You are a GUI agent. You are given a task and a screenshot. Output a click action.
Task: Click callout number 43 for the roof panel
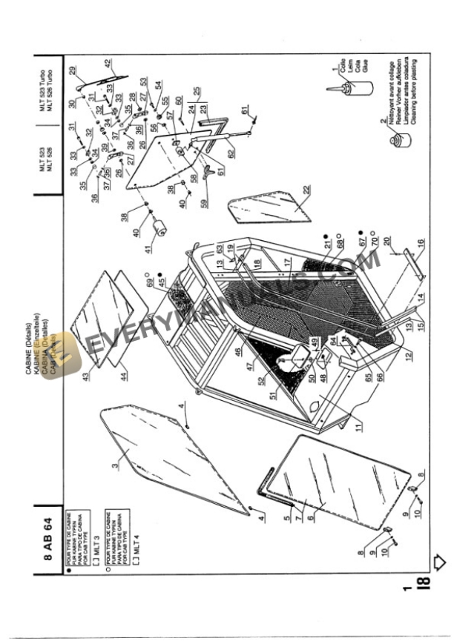point(86,376)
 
